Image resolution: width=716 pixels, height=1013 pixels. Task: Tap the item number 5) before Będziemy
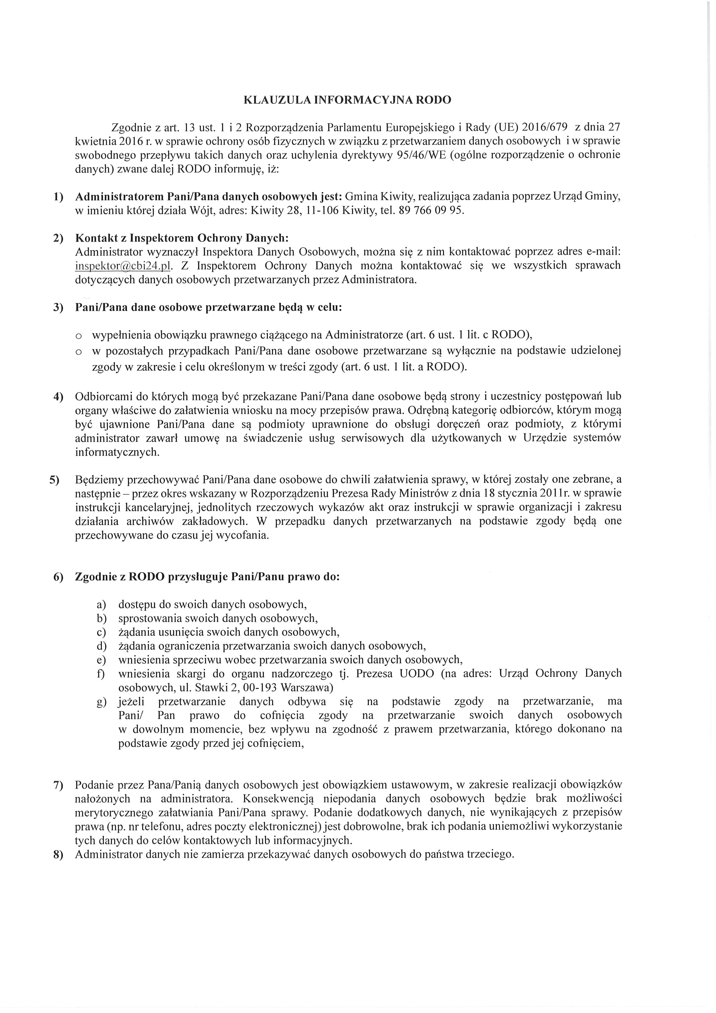(54, 479)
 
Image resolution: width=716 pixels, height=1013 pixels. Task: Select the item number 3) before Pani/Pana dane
(59, 308)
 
